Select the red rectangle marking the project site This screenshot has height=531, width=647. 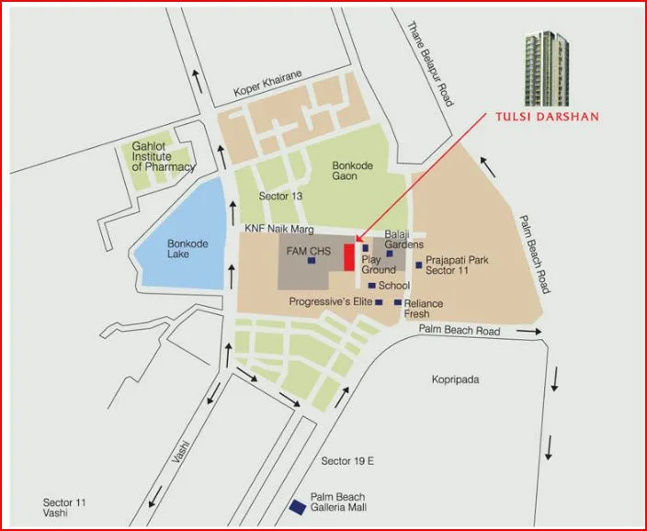pos(349,257)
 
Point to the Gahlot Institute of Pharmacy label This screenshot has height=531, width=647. pos(163,157)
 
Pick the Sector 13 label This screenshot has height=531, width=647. pos(280,197)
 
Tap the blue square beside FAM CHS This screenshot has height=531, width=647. pos(312,261)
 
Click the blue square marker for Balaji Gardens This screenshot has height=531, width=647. pos(390,254)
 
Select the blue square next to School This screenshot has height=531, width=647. pos(371,286)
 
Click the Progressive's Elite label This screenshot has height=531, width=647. pos(329,301)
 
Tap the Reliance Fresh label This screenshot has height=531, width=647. pos(423,309)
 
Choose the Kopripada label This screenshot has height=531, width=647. pos(457,378)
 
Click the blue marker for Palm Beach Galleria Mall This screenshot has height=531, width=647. pos(298,507)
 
